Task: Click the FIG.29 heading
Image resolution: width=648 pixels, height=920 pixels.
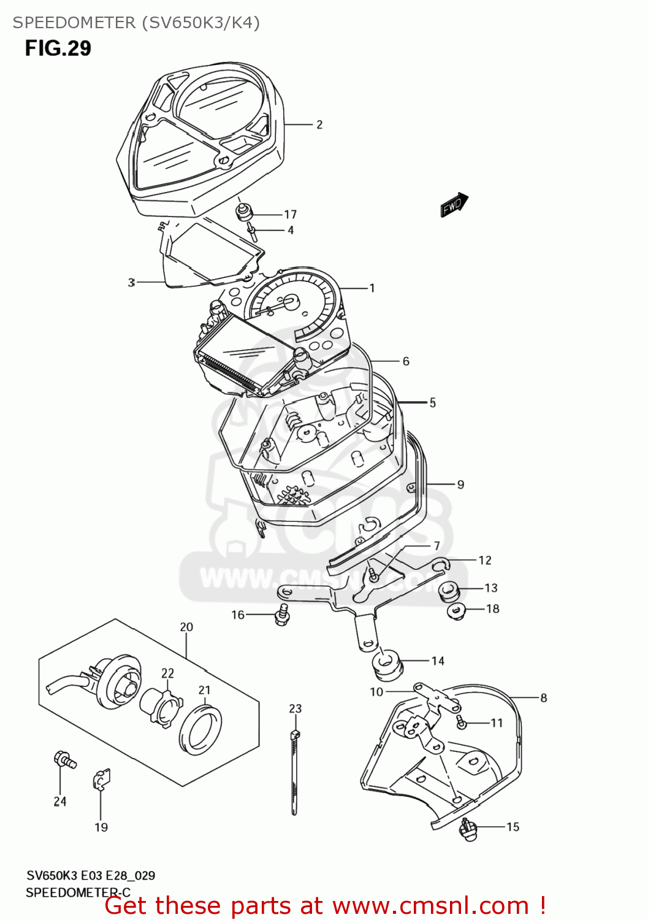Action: (x=58, y=48)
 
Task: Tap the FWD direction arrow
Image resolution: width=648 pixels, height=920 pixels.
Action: (x=454, y=205)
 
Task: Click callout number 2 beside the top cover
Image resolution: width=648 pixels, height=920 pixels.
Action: (x=319, y=125)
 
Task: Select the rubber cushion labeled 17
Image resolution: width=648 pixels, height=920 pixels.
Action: (x=245, y=213)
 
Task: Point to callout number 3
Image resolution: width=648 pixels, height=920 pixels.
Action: (x=131, y=282)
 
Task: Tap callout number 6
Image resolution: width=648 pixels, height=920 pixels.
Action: (x=406, y=361)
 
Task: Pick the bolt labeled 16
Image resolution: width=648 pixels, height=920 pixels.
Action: (x=282, y=614)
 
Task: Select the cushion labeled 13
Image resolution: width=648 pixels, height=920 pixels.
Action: (x=449, y=591)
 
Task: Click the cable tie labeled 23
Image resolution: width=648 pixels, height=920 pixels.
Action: (x=295, y=773)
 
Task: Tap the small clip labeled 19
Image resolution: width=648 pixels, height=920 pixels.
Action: (x=101, y=780)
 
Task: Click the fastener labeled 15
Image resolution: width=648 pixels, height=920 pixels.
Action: (x=469, y=829)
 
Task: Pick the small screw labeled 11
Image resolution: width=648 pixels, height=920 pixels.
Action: (x=462, y=723)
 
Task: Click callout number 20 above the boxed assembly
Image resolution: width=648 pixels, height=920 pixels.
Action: (x=186, y=627)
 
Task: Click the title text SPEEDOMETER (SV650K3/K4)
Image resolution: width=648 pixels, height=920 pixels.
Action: (x=136, y=23)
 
